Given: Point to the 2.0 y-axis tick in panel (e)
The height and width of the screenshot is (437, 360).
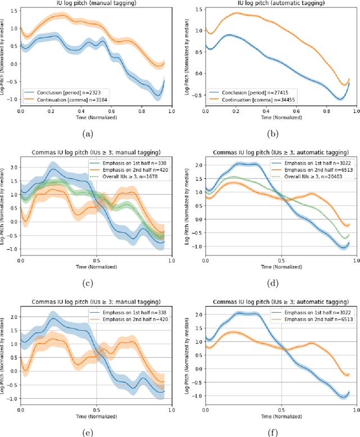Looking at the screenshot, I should pyautogui.click(x=14, y=301).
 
